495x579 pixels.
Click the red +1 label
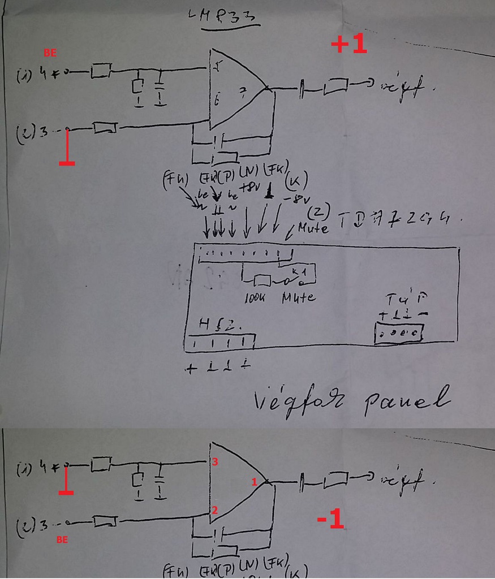(x=349, y=45)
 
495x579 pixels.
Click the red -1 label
(x=330, y=520)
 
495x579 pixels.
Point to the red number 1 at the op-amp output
(x=254, y=482)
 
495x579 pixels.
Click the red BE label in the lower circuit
(x=62, y=540)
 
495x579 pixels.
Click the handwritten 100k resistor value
(x=257, y=297)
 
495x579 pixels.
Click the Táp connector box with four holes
(x=400, y=334)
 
